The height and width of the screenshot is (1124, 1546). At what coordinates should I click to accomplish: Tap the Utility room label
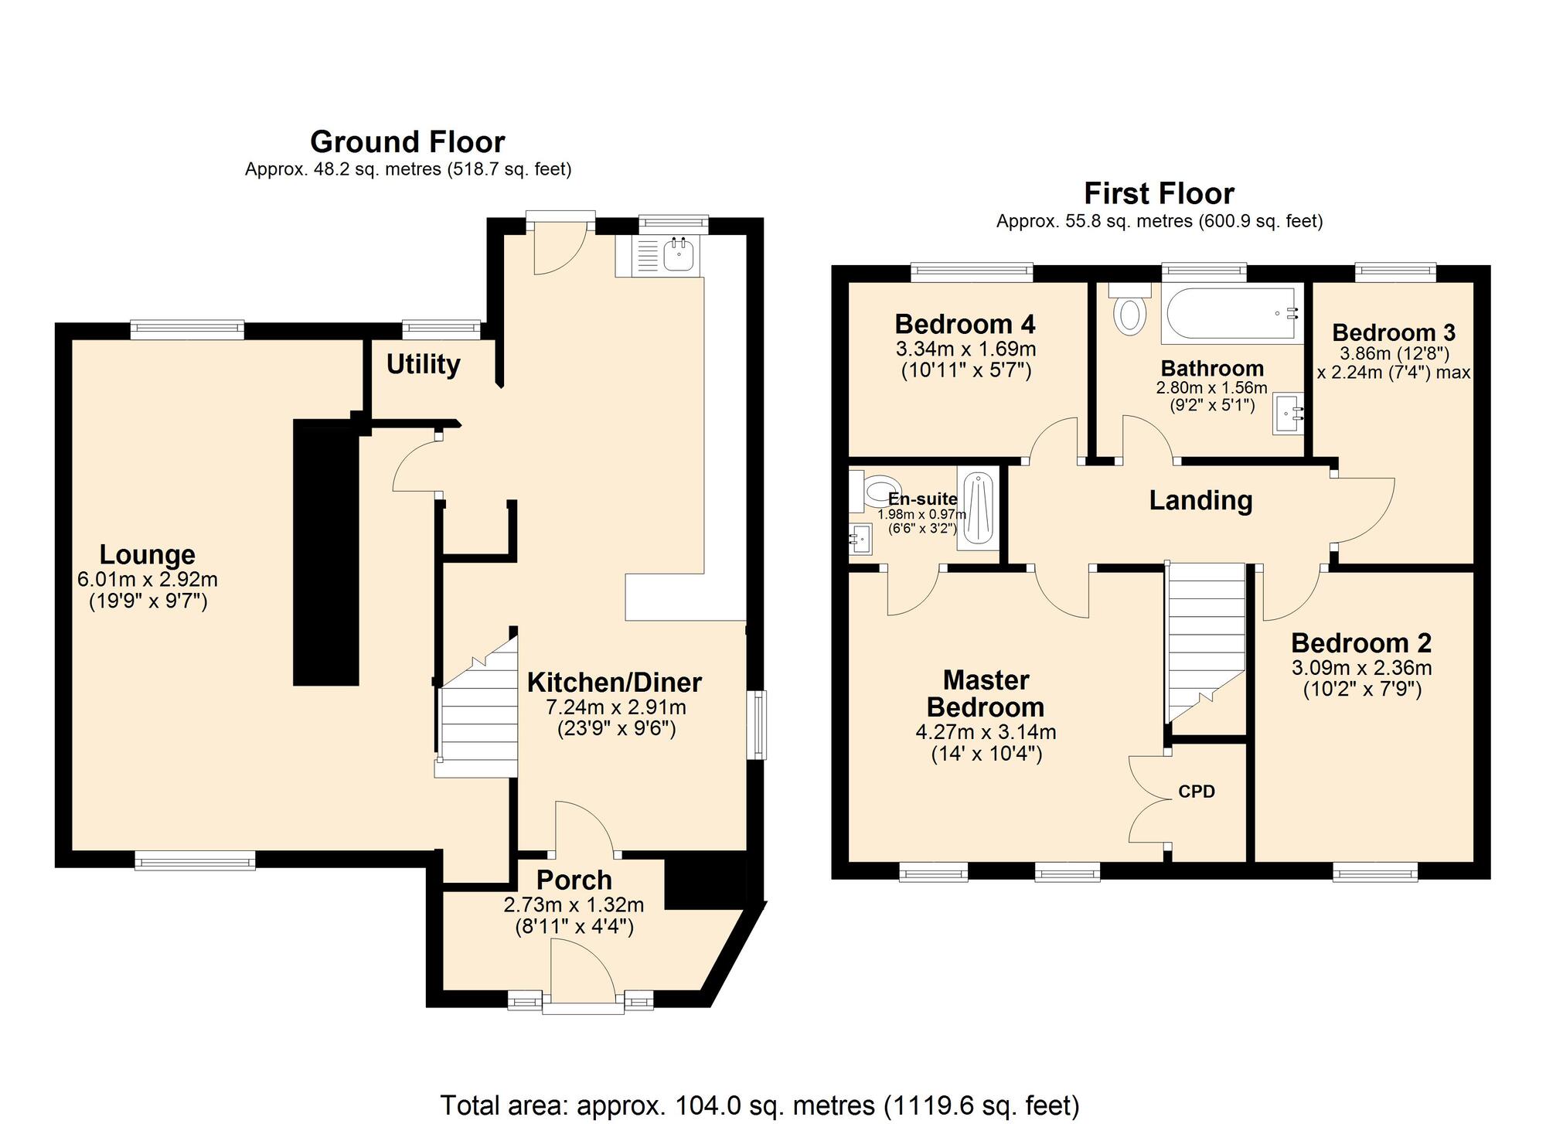tap(423, 364)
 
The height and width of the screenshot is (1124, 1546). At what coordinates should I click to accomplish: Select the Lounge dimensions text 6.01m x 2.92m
tap(147, 579)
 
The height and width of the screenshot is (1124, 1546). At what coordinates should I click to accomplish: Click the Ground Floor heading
tap(407, 142)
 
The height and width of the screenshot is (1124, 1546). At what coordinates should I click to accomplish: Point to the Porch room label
tap(574, 880)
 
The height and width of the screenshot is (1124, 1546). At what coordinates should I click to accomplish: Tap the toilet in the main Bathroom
tap(1129, 312)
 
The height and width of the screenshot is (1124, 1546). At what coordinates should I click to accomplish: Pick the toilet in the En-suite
tap(873, 491)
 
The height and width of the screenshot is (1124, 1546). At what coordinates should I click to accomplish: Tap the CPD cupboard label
tap(1196, 792)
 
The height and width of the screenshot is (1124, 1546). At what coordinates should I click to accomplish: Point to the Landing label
tap(1200, 500)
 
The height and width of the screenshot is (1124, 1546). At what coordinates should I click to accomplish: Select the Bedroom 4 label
tap(965, 324)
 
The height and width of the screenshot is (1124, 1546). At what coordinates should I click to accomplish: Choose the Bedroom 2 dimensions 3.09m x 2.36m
tap(1361, 668)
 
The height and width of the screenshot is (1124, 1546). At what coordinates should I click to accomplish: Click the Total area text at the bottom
tap(759, 1105)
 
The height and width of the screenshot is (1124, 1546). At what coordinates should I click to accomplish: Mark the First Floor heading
tap(1159, 193)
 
